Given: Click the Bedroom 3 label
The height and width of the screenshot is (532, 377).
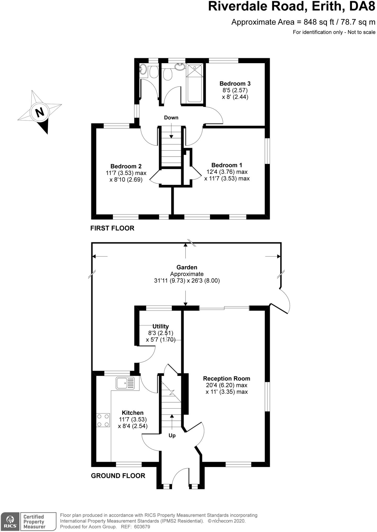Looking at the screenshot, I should pyautogui.click(x=235, y=84).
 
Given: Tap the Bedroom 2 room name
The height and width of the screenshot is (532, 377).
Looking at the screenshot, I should pyautogui.click(x=126, y=166).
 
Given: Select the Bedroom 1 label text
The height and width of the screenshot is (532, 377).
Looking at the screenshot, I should pyautogui.click(x=227, y=165).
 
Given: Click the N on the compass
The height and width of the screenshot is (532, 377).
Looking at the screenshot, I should pyautogui.click(x=40, y=113).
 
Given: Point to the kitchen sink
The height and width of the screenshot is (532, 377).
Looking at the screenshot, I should pyautogui.click(x=125, y=383).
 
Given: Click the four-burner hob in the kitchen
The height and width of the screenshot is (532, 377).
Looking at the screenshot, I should pyautogui.click(x=103, y=420).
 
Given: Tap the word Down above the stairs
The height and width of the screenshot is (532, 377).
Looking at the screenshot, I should pyautogui.click(x=171, y=118).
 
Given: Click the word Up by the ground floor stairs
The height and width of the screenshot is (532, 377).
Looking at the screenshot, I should pyautogui.click(x=172, y=436).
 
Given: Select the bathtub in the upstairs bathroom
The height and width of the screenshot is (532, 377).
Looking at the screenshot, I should pyautogui.click(x=195, y=83).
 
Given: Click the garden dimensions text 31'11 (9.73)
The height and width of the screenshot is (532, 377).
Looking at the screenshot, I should pyautogui.click(x=169, y=281).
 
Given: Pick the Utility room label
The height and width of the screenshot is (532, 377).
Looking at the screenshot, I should pyautogui.click(x=160, y=326).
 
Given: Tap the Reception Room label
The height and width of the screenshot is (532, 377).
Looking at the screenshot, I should pyautogui.click(x=226, y=379).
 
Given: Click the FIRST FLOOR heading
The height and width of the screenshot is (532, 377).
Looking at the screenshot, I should pyautogui.click(x=112, y=228).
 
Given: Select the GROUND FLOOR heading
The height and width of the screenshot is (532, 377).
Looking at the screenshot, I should pyautogui.click(x=118, y=476).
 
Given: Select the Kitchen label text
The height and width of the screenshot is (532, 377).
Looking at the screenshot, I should pyautogui.click(x=132, y=413).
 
